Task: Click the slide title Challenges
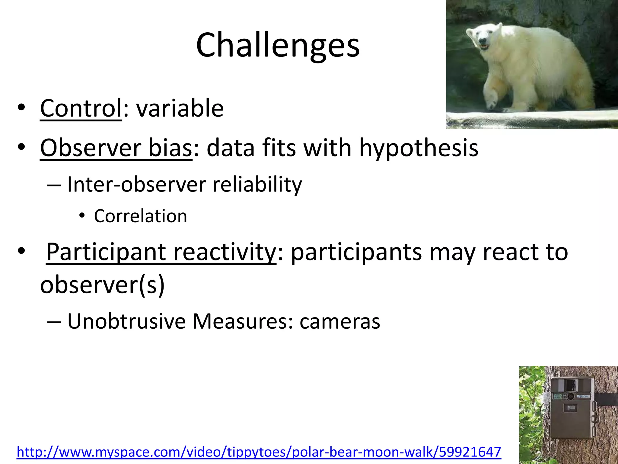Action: pyautogui.click(x=278, y=45)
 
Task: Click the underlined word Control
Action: pyautogui.click(x=81, y=108)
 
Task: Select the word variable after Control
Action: pyautogui.click(x=180, y=108)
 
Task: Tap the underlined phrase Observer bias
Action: pyautogui.click(x=116, y=148)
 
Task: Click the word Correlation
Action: pyautogui.click(x=141, y=216)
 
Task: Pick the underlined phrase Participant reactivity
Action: pyautogui.click(x=161, y=252)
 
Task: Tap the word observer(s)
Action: pyautogui.click(x=103, y=285)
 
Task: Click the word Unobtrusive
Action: pyautogui.click(x=126, y=321)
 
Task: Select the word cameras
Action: pyautogui.click(x=340, y=321)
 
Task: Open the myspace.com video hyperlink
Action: pyautogui.click(x=259, y=452)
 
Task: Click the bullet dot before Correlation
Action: pyautogui.click(x=81, y=216)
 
